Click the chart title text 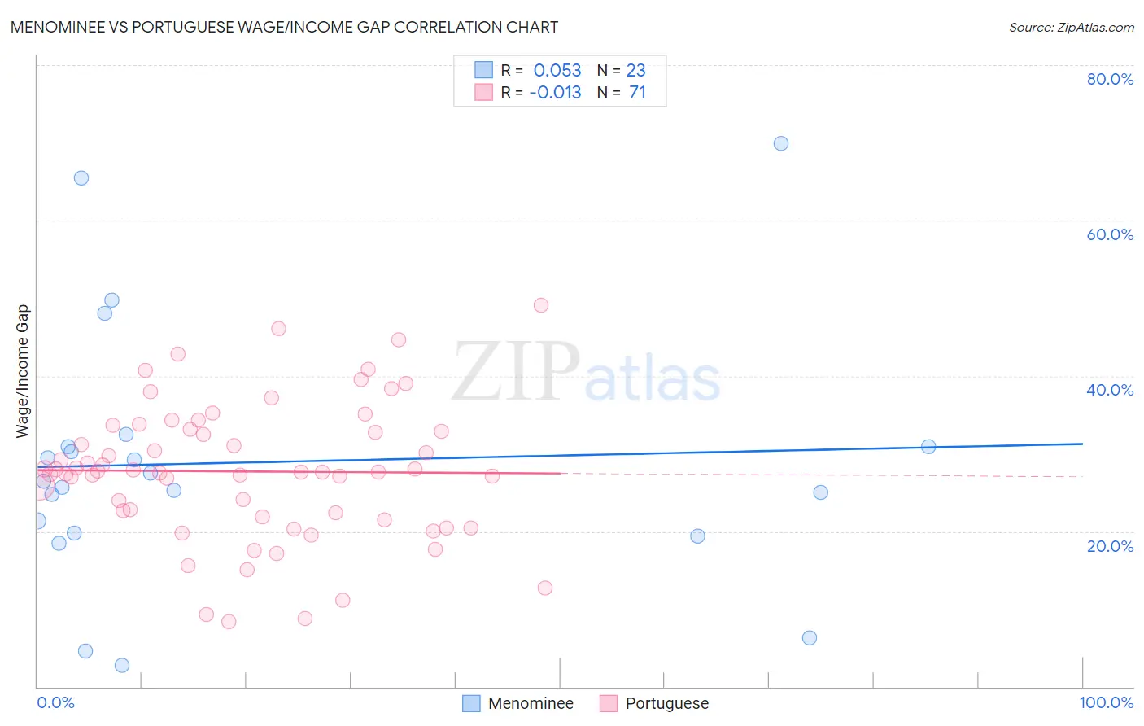(284, 27)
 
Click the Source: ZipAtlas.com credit (1071, 28)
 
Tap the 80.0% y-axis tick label (1110, 79)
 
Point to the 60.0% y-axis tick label (1110, 234)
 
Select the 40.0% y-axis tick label (1110, 390)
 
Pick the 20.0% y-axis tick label (1110, 546)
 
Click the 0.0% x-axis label (55, 702)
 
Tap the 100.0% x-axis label (1106, 702)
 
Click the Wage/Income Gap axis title (23, 370)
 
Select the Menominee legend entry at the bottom (518, 703)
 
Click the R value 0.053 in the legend (557, 71)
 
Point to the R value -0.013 (555, 93)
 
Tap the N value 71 (637, 93)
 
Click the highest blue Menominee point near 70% (781, 143)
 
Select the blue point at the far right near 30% (928, 446)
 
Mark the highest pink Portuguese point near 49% (541, 305)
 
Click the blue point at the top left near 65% (81, 178)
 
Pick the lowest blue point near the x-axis (122, 665)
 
